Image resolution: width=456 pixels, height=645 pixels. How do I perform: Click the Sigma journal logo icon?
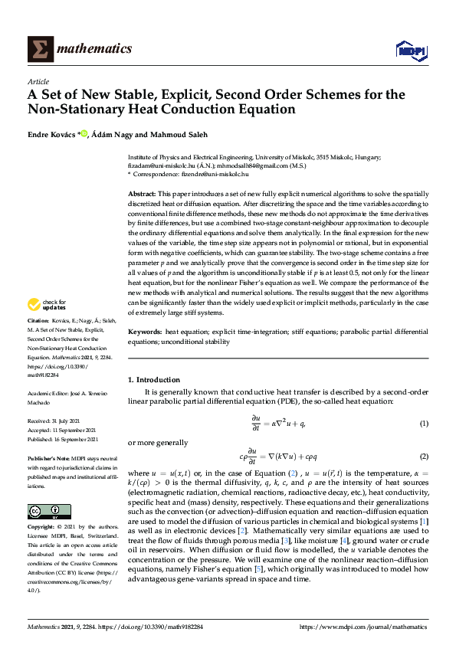(x=41, y=48)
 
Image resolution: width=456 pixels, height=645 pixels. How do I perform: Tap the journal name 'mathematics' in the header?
(x=98, y=49)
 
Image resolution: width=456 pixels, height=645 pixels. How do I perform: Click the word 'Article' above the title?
(x=38, y=81)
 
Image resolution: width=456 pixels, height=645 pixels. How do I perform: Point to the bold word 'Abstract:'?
(x=143, y=195)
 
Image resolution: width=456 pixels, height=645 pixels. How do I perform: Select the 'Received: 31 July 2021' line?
(x=57, y=421)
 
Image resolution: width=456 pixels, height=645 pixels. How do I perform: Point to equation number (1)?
(x=423, y=424)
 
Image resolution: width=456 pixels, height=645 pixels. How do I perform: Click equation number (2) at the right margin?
(x=423, y=457)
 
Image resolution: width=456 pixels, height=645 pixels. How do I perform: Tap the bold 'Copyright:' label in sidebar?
(x=44, y=528)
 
